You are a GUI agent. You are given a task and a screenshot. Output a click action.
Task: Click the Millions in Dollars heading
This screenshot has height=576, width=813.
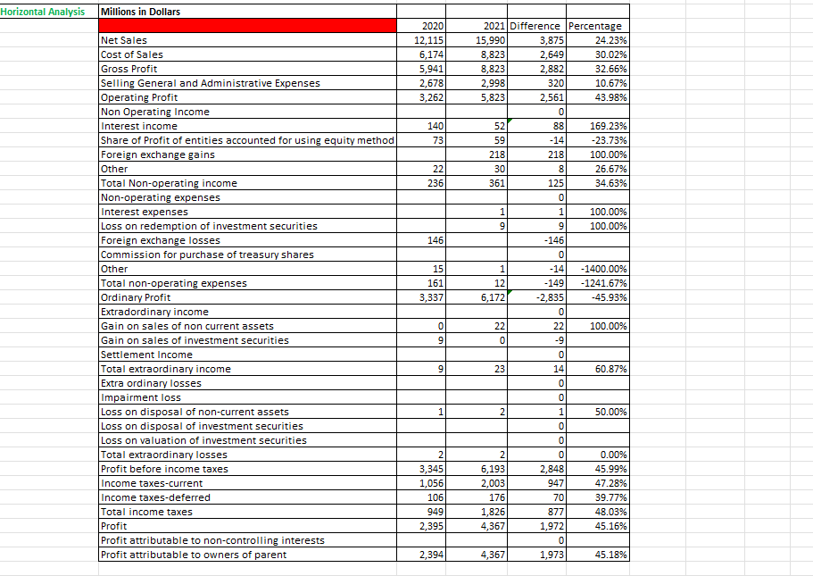[140, 11]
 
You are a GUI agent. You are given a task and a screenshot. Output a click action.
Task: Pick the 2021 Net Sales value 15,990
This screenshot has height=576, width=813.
[489, 40]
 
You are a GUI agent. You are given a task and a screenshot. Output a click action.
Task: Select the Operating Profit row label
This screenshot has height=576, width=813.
[139, 97]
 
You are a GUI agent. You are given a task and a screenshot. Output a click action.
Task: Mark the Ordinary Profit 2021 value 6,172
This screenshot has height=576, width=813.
[489, 297]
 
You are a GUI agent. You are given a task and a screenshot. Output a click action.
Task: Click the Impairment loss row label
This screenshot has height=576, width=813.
[141, 397]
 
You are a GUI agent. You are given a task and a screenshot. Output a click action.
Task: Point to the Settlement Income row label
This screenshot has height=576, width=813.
[146, 355]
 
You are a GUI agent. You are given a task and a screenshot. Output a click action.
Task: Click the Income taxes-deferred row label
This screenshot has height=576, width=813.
[156, 497]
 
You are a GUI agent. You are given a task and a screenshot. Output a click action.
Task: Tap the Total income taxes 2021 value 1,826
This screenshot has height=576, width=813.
[489, 512]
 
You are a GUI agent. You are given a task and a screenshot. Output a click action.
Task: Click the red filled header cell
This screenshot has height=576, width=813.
[248, 26]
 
